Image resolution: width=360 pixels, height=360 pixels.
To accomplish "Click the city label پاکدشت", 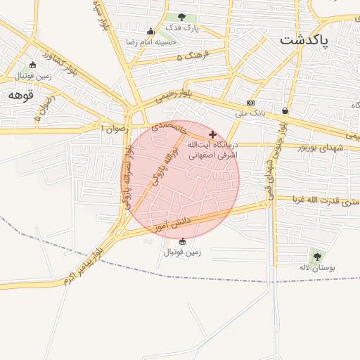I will tap(304, 39).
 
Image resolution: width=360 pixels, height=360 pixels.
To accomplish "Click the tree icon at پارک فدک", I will tap(182, 17).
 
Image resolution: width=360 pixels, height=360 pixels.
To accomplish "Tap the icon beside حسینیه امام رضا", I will tap(150, 31).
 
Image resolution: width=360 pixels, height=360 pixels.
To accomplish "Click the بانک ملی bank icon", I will tap(251, 103).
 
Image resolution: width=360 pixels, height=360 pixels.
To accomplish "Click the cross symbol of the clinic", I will tap(213, 134).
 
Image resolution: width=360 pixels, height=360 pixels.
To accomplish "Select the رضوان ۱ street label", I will tap(112, 128).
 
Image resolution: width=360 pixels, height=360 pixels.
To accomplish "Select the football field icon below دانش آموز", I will tap(182, 241).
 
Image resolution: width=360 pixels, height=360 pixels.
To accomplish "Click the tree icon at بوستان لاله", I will tap(316, 257).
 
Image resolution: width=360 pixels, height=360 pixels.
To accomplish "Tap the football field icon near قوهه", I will tap(32, 65).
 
